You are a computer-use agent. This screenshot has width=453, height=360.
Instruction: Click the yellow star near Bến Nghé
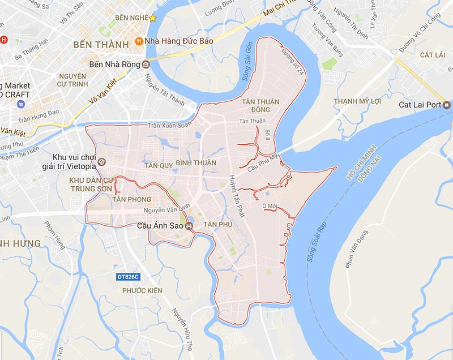point(152,18)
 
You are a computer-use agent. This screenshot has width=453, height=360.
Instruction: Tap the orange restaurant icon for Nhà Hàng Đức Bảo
point(139,40)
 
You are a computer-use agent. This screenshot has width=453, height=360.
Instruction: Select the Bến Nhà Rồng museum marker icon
point(146,63)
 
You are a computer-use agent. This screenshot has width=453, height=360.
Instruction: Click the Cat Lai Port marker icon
point(447,105)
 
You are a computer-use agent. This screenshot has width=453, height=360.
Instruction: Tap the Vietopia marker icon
point(101,162)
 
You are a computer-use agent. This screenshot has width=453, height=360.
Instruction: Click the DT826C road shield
point(127,277)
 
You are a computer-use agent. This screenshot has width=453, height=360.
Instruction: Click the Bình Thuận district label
point(196,163)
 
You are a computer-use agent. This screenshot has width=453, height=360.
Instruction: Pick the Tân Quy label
point(158,166)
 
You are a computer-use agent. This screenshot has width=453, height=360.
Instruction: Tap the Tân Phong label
point(132,199)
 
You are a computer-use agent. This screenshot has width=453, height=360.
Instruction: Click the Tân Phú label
point(218,224)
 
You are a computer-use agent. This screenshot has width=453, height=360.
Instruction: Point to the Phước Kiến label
point(142,290)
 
